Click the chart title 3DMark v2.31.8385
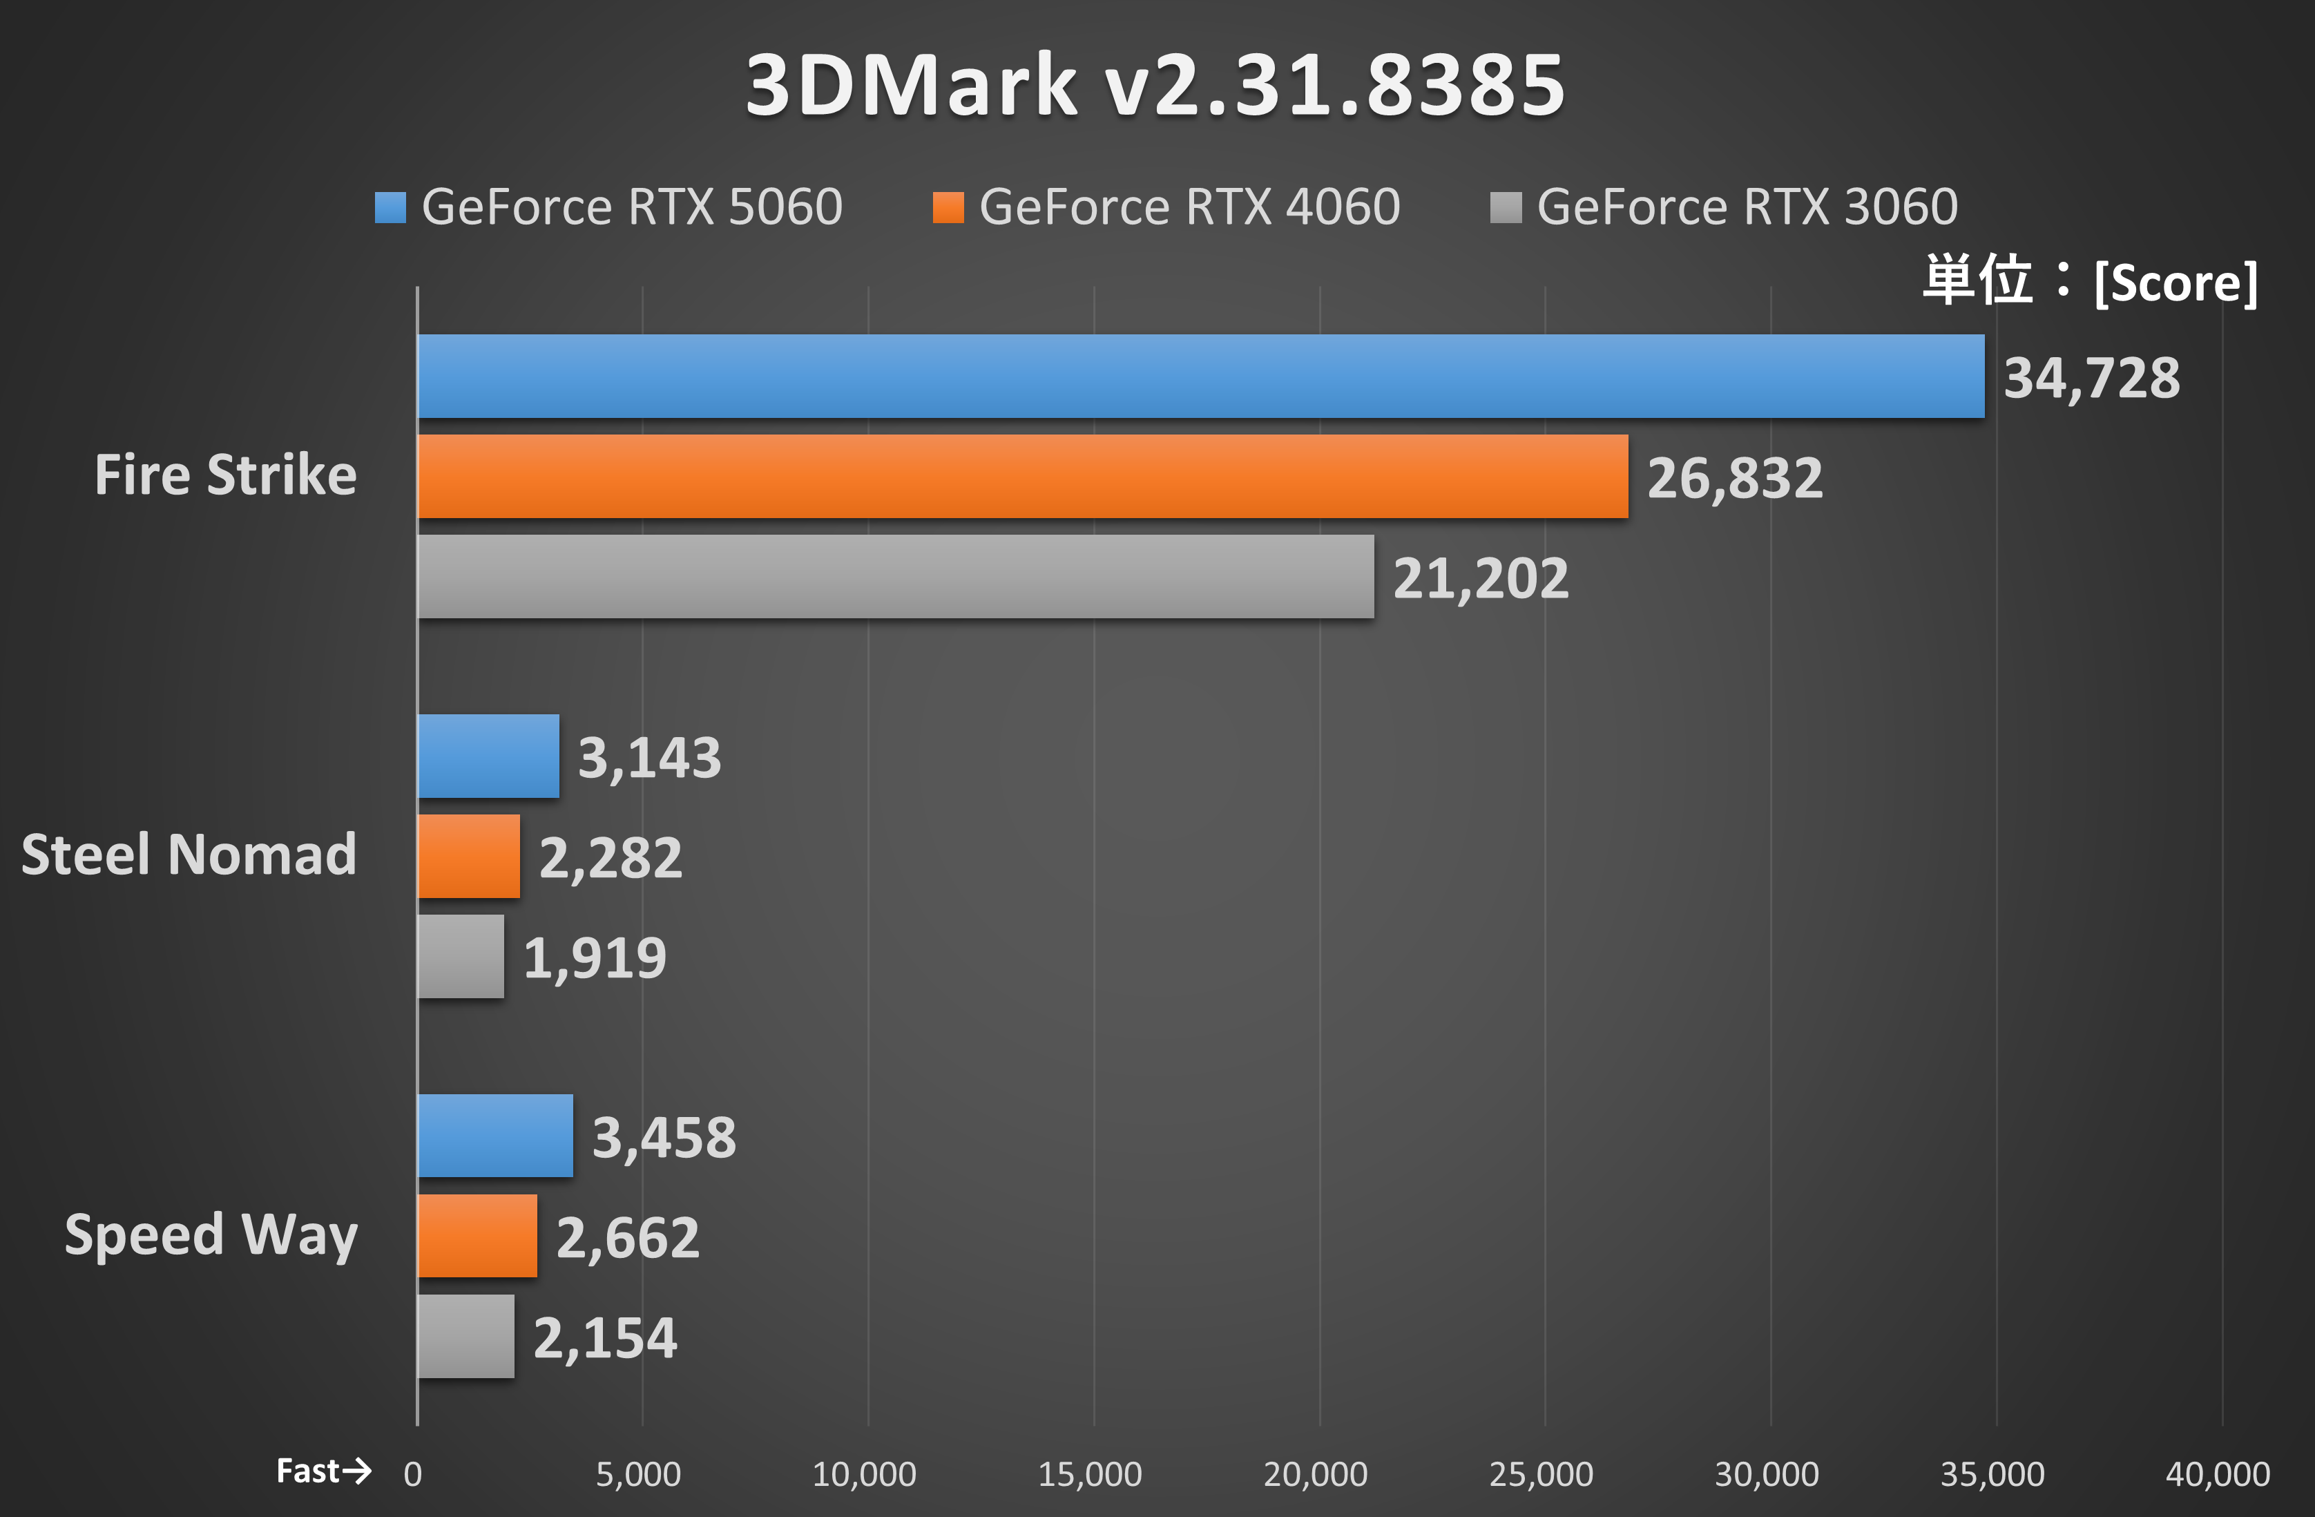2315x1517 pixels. point(1155,85)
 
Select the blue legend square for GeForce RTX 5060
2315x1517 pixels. point(390,207)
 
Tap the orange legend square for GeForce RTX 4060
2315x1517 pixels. point(948,207)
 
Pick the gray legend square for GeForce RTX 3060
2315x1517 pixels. point(1505,207)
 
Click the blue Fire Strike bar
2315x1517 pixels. point(1200,376)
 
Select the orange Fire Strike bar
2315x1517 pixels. point(1022,477)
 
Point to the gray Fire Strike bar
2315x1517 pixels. point(896,576)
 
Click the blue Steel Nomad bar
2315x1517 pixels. point(488,756)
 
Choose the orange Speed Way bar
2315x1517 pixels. point(477,1236)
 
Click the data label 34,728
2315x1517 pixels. point(2091,378)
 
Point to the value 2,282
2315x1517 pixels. point(611,858)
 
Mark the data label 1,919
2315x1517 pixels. point(595,958)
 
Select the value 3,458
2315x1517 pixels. point(664,1138)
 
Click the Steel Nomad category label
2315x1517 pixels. point(189,855)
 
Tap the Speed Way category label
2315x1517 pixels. point(211,1235)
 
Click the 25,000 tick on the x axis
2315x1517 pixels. point(1541,1474)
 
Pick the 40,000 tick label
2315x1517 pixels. point(2217,1474)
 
